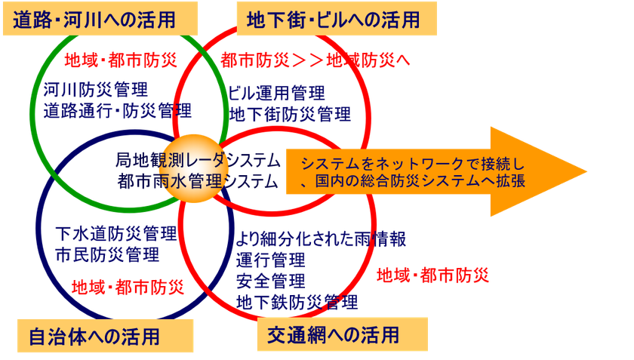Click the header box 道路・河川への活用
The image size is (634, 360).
point(100,19)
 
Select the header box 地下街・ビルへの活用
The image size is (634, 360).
point(337,19)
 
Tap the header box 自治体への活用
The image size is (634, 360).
point(105,336)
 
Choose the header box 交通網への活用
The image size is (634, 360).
point(343,334)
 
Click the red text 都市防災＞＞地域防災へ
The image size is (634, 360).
point(315,60)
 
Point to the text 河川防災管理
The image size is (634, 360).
point(96,89)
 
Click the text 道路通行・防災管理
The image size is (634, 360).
point(117,110)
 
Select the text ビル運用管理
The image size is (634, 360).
point(276,93)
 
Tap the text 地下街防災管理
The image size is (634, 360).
point(290,115)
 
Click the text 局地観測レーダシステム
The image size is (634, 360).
point(198,160)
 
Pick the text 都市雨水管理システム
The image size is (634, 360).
point(198,181)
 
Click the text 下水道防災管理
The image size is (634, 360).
point(116,233)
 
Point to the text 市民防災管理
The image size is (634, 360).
point(107,254)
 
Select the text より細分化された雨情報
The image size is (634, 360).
point(321,238)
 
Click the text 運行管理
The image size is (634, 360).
point(271,260)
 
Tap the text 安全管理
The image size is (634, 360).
point(271,281)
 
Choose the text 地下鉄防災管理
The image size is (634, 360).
point(297,302)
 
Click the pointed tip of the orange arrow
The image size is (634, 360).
point(586,171)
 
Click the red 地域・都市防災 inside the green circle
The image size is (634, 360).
point(121,60)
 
